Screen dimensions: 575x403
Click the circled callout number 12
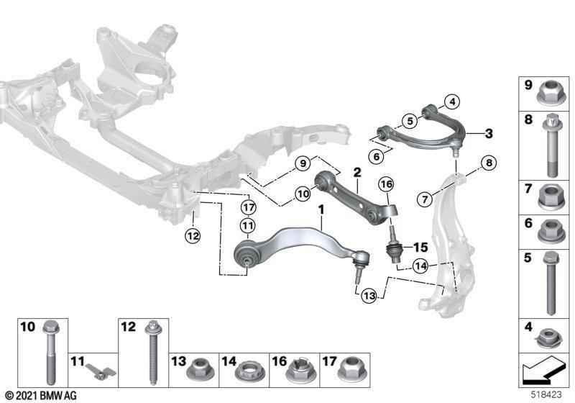193,235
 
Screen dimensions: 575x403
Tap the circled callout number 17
248,208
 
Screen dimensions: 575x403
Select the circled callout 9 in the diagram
303,163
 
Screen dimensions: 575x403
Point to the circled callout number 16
386,184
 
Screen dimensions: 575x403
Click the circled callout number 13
369,296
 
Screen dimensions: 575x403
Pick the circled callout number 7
425,199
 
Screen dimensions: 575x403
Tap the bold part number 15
420,247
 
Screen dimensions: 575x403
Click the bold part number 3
489,134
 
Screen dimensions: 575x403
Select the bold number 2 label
357,172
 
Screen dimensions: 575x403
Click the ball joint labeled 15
395,245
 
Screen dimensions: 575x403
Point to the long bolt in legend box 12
152,353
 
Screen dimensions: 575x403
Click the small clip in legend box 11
101,371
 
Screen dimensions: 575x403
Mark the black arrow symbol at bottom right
544,371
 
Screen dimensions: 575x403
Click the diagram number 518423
546,395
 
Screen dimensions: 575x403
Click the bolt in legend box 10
51,353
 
